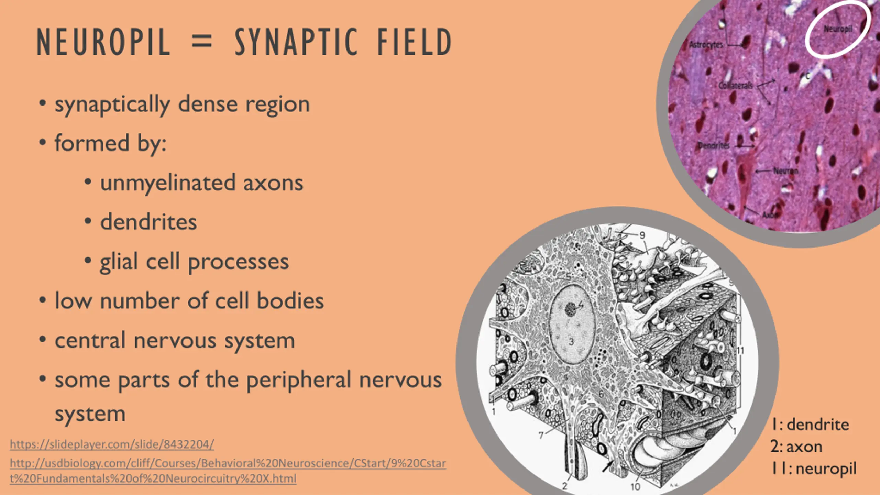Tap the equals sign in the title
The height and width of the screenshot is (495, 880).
pyautogui.click(x=202, y=43)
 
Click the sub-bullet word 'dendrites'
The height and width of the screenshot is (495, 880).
pyautogui.click(x=148, y=222)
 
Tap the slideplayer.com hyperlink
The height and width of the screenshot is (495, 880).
pyautogui.click(x=112, y=444)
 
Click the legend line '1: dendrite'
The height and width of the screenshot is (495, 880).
pyautogui.click(x=811, y=425)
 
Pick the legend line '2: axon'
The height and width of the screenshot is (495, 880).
pyautogui.click(x=796, y=447)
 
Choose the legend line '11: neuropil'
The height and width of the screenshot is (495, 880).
pyautogui.click(x=814, y=469)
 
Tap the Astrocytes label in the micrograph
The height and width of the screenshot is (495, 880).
pyautogui.click(x=706, y=45)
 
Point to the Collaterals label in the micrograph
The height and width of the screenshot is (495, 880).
pyautogui.click(x=736, y=85)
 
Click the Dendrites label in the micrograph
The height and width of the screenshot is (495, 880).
pyautogui.click(x=714, y=146)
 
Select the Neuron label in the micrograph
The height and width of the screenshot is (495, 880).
pyautogui.click(x=786, y=170)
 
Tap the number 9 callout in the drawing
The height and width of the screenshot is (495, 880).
pyautogui.click(x=642, y=235)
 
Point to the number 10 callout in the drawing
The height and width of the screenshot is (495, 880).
pyautogui.click(x=635, y=486)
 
